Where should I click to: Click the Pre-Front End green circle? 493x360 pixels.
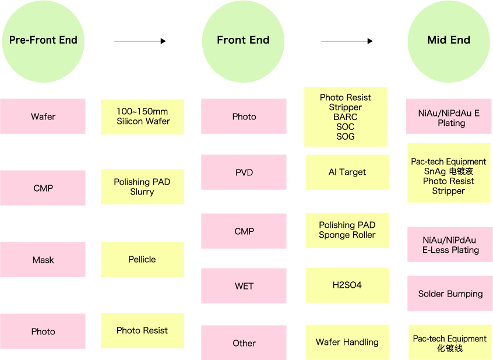pyautogui.click(x=43, y=41)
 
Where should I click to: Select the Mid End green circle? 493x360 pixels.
pyautogui.click(x=449, y=41)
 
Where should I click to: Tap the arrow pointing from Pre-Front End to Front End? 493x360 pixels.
pyautogui.click(x=140, y=41)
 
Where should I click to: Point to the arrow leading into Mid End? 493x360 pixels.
pyautogui.click(x=347, y=41)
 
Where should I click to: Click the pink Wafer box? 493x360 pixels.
pyautogui.click(x=43, y=117)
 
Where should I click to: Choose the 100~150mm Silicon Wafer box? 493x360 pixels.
pyautogui.click(x=142, y=117)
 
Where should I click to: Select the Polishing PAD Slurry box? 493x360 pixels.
pyautogui.click(x=142, y=187)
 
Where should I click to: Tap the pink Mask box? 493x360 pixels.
pyautogui.click(x=43, y=260)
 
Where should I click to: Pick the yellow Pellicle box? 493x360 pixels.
pyautogui.click(x=142, y=259)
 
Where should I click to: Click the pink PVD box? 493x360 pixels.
pyautogui.click(x=244, y=172)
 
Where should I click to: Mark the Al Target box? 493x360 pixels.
pyautogui.click(x=347, y=172)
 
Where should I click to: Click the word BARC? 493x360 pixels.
pyautogui.click(x=345, y=117)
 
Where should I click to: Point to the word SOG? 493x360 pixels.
pyautogui.click(x=345, y=136)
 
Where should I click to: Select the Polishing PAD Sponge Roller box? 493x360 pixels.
pyautogui.click(x=347, y=231)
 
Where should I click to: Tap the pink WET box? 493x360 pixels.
pyautogui.click(x=244, y=286)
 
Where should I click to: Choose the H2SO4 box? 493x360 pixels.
pyautogui.click(x=347, y=285)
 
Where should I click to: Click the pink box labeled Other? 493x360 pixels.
pyautogui.click(x=244, y=343)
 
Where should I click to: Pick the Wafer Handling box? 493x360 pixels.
pyautogui.click(x=347, y=342)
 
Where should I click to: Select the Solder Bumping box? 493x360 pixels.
pyautogui.click(x=450, y=294)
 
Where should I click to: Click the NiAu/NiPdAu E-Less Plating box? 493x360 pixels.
pyautogui.click(x=450, y=245)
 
